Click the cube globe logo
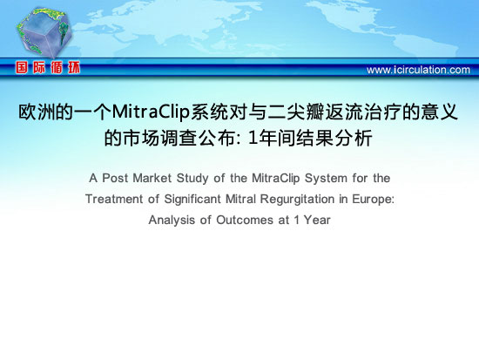point(44,33)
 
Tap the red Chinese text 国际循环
point(48,68)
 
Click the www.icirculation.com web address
point(418,70)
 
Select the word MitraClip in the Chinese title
point(151,112)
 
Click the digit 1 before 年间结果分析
point(253,139)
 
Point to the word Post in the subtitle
point(115,178)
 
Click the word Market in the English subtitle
point(152,178)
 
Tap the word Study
point(192,179)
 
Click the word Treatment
point(114,199)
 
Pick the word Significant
point(192,200)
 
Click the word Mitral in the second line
point(240,199)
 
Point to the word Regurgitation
point(297,200)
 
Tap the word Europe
point(373,200)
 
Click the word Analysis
point(172,221)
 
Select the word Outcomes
point(245,220)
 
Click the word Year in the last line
point(317,220)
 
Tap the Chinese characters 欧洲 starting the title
point(37,112)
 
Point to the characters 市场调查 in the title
point(159,139)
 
